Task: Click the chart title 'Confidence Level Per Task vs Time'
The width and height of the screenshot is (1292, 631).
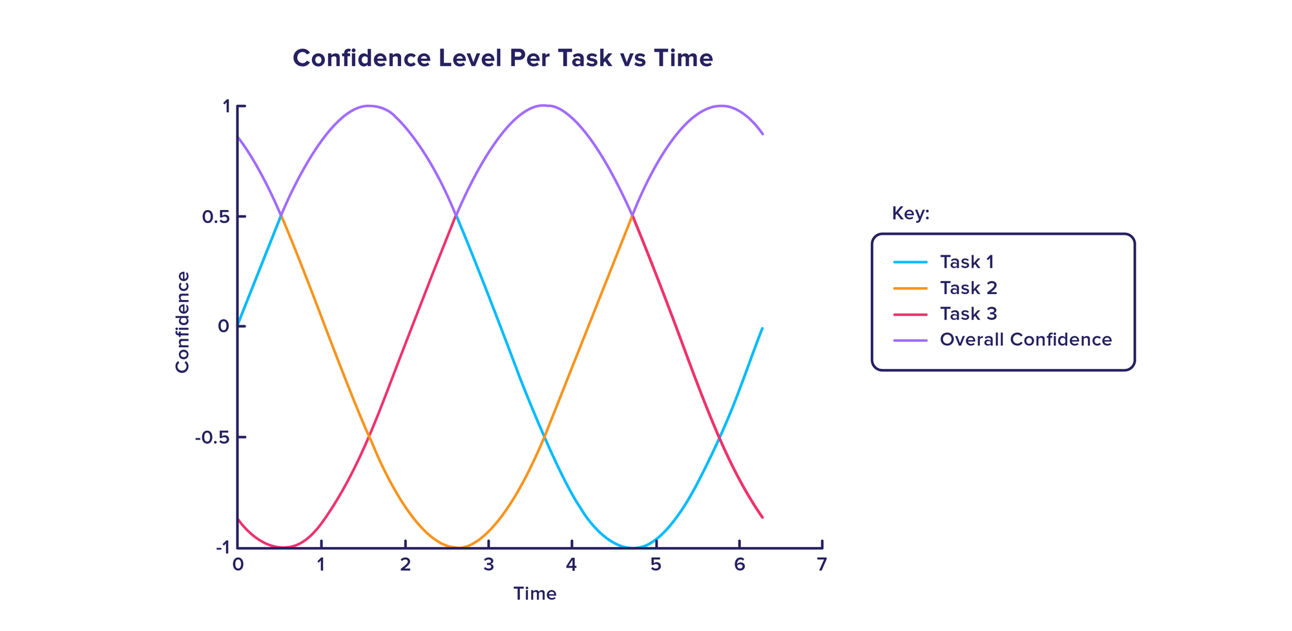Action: click(x=503, y=59)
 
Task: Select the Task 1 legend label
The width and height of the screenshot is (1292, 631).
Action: click(x=966, y=262)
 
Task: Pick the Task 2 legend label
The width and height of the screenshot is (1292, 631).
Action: click(x=968, y=288)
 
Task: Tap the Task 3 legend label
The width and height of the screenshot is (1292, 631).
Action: click(x=968, y=314)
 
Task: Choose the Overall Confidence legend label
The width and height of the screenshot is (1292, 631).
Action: click(x=1026, y=339)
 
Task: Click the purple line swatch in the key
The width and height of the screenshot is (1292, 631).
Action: click(x=910, y=339)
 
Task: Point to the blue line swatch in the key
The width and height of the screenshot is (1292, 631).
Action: click(x=910, y=262)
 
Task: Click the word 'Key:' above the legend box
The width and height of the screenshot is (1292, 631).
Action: click(x=910, y=213)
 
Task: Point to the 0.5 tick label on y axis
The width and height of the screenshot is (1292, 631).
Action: click(x=215, y=217)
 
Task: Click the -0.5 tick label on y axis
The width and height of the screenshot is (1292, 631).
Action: click(x=213, y=438)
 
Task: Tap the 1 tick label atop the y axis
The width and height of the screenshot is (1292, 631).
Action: click(x=225, y=106)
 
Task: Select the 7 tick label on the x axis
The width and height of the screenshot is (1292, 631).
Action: click(x=822, y=565)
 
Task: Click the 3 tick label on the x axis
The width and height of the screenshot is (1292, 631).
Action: click(x=488, y=565)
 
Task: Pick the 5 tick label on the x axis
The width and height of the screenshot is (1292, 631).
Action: click(x=655, y=565)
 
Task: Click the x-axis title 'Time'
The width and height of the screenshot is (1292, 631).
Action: click(x=535, y=594)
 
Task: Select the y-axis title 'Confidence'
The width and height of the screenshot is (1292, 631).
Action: click(x=182, y=322)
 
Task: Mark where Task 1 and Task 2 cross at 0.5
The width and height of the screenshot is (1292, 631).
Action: click(x=281, y=215)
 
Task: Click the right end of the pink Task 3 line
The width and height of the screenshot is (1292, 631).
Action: click(x=762, y=517)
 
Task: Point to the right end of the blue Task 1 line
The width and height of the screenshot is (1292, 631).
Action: click(x=762, y=328)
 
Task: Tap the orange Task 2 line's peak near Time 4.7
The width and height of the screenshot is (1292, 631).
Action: click(x=632, y=215)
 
